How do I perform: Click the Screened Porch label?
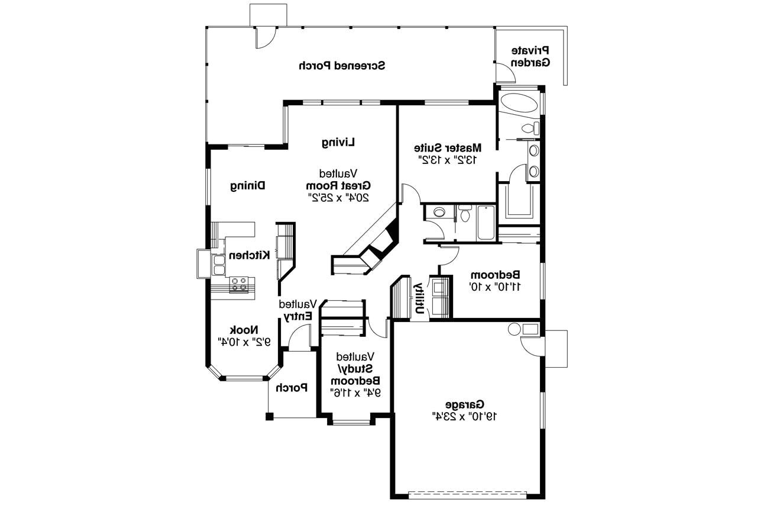(x=342, y=66)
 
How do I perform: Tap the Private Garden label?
(x=530, y=56)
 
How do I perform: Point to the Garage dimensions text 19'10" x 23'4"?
(x=465, y=416)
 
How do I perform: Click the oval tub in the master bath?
(x=519, y=102)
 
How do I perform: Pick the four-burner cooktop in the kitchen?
(x=239, y=284)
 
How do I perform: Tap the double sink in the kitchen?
(x=219, y=265)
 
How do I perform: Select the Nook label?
(x=242, y=330)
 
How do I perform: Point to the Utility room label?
(x=419, y=298)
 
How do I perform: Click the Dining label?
(x=247, y=186)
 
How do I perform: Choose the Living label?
(x=339, y=142)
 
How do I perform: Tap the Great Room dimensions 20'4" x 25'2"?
(x=338, y=197)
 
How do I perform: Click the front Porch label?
(x=292, y=388)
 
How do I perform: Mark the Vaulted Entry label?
(x=299, y=310)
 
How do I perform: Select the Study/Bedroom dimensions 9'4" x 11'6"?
(x=355, y=392)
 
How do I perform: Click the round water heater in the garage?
(x=514, y=329)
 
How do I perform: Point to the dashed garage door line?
(x=467, y=493)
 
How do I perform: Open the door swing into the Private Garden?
(x=504, y=73)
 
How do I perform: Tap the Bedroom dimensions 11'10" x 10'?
(x=495, y=287)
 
